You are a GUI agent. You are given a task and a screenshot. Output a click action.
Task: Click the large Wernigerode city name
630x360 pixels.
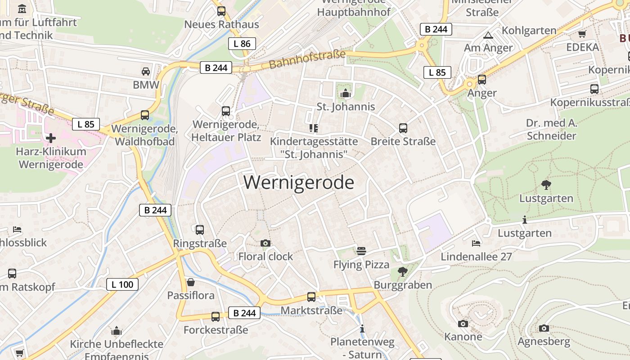coord(299,183)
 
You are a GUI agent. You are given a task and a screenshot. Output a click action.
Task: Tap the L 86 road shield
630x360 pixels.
coord(242,44)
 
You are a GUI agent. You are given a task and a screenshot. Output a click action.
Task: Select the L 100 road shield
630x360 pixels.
coord(122,284)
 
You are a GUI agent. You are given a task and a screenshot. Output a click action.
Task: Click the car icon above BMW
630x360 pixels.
coord(146,72)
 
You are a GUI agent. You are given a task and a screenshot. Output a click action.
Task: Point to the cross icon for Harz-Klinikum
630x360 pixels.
coord(51,138)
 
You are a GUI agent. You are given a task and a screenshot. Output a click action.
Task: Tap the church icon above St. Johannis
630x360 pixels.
coord(346,94)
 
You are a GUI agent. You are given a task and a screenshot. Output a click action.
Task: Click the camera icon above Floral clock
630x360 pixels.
coord(265,243)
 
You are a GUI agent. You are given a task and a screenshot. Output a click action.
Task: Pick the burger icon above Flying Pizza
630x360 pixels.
coord(361,251)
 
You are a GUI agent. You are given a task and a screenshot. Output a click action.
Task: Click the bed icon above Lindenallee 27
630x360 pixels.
coord(476,243)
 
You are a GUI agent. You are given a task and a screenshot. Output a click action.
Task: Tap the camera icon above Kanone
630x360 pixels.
coord(463,324)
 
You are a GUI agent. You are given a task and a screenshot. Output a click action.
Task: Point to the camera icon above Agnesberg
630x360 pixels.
coord(544,328)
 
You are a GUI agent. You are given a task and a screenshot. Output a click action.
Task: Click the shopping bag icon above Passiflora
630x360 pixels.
coord(191,282)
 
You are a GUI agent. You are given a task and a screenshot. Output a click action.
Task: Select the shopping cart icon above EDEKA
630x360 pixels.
coord(582,34)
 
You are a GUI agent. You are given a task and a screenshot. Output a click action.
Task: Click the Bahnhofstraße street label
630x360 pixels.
coord(308,59)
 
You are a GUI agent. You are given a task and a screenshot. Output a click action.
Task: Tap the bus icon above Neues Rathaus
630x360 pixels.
coord(221,11)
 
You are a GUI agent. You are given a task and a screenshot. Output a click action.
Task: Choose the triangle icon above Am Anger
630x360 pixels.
coord(488,35)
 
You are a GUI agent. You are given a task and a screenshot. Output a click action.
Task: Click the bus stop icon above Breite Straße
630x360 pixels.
coord(403,128)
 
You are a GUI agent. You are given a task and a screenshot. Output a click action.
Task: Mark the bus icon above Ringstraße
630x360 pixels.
coord(200,230)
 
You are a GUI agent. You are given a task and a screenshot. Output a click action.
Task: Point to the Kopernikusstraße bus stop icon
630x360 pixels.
coord(594,89)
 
